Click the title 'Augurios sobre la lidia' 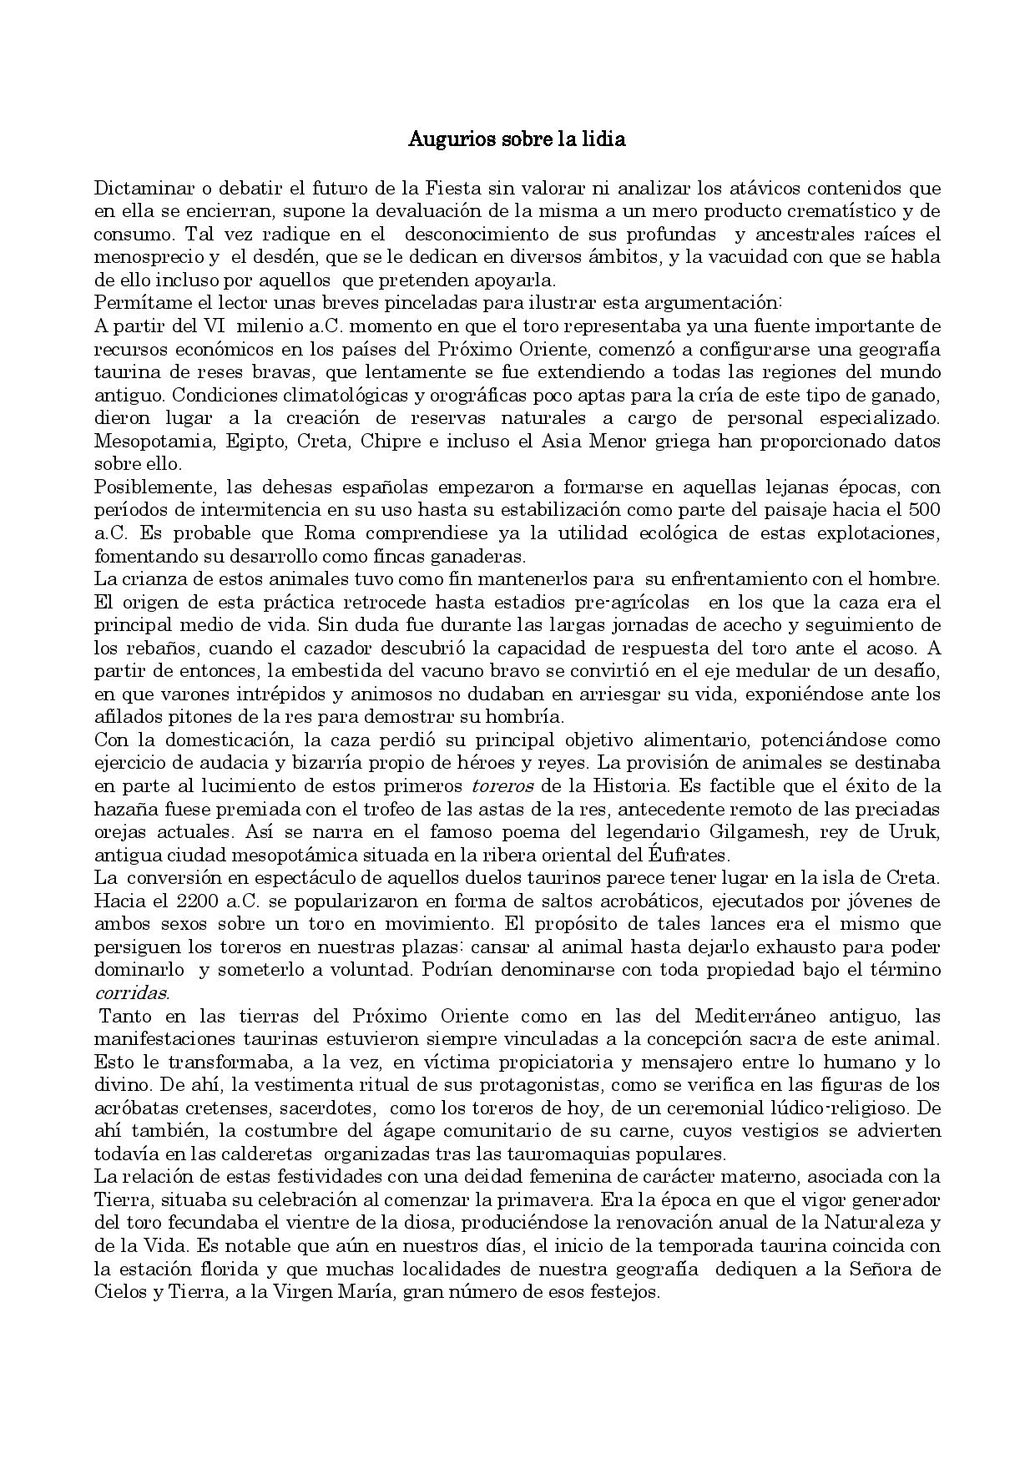click(x=517, y=139)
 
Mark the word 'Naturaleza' click(x=880, y=1224)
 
